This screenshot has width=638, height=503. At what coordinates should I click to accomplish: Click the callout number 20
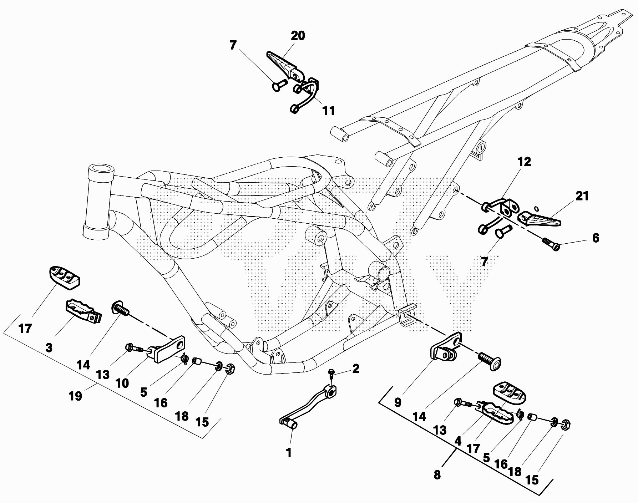[x=298, y=36]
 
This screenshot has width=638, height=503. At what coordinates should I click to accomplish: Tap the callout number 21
[x=582, y=196]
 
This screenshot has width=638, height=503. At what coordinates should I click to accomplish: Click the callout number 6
[x=596, y=238]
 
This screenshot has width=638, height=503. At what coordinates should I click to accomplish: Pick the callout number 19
[x=76, y=396]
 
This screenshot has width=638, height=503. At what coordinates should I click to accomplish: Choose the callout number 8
[x=437, y=475]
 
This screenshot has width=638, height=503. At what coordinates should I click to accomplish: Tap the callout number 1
[x=289, y=453]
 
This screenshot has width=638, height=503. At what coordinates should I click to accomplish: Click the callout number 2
[x=355, y=369]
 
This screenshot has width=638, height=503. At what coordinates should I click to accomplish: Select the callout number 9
[x=398, y=402]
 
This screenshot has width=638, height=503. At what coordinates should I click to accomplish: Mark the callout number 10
[x=122, y=383]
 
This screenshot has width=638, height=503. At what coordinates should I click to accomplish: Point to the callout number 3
[x=49, y=348]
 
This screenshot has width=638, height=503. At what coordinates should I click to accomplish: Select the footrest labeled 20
[x=284, y=63]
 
